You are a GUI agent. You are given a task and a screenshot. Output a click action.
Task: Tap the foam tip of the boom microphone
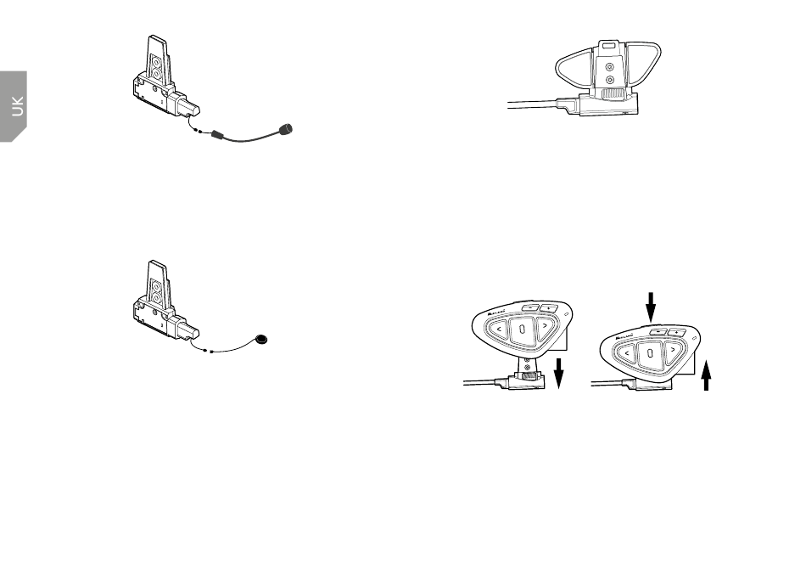(x=288, y=129)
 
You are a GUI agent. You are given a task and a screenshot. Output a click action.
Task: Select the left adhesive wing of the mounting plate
(x=574, y=67)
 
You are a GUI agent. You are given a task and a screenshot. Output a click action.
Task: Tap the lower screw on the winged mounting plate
(x=609, y=80)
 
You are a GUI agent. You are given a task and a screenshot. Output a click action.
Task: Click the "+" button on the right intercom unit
(x=677, y=331)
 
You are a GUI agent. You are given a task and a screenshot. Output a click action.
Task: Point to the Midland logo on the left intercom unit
(x=494, y=313)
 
